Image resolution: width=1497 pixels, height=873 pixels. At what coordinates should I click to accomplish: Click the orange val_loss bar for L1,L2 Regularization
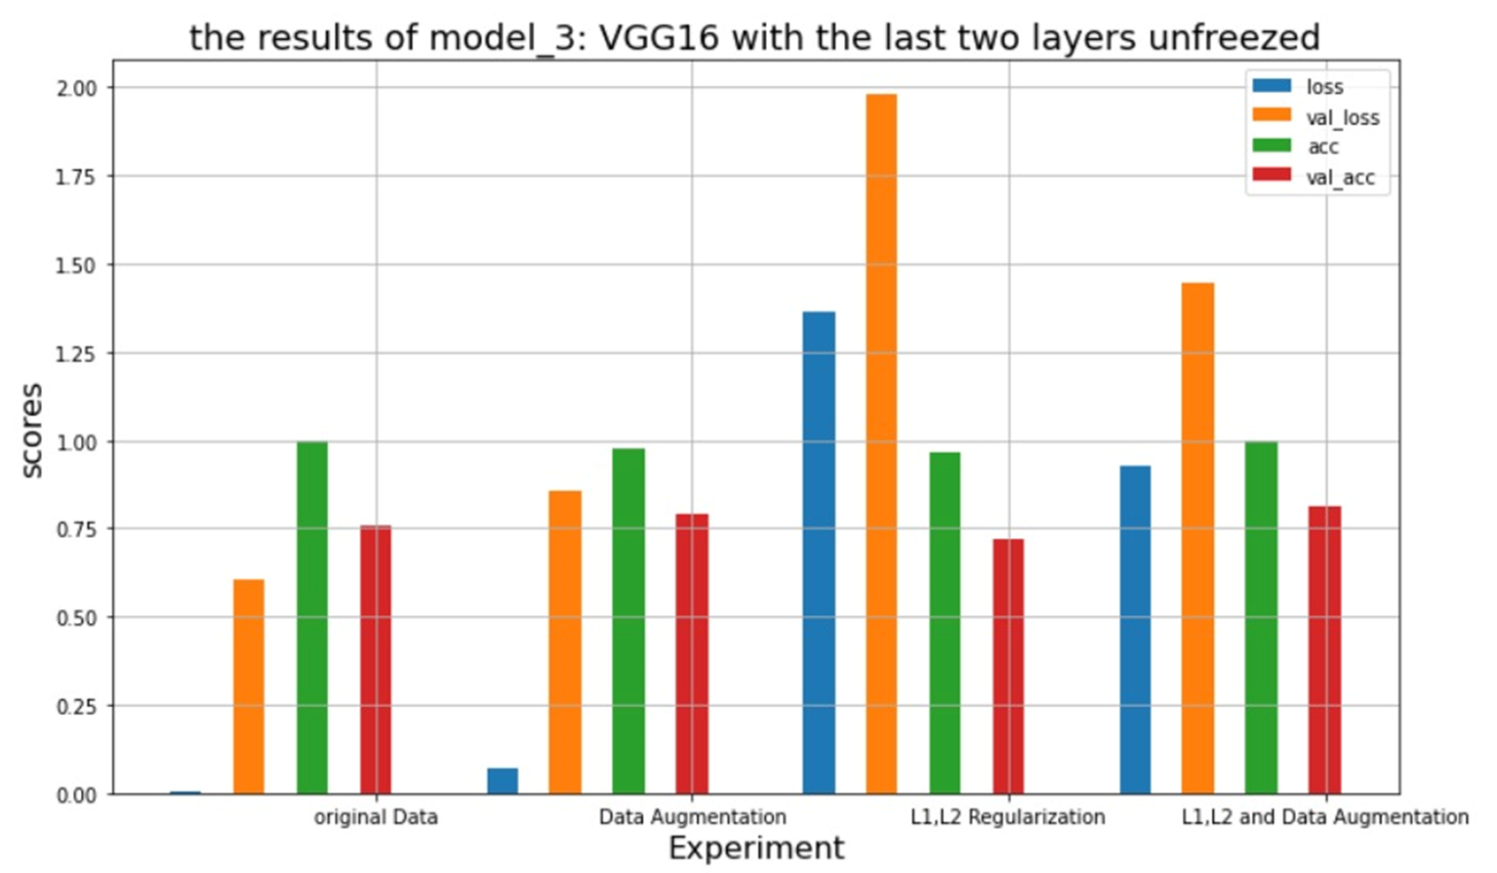881,444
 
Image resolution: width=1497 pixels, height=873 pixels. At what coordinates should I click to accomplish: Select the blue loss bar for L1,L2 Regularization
819,553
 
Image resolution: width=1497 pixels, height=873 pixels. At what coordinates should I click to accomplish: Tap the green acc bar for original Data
312,618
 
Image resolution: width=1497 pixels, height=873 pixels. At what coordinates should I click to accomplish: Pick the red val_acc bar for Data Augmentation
692,654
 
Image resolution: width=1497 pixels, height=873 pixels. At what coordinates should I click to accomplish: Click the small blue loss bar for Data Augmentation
503,781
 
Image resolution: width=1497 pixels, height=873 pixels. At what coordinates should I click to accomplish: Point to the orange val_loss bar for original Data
249,686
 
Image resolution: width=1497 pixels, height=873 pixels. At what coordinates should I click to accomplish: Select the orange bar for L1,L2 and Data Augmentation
1197,538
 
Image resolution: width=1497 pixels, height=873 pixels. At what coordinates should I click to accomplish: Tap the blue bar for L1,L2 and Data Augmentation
1135,630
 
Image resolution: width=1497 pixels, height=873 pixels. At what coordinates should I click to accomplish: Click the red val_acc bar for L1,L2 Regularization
1008,666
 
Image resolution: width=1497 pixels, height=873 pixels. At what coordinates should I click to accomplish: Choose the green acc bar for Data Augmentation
628,621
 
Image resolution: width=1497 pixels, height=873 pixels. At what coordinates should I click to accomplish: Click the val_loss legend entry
1342,117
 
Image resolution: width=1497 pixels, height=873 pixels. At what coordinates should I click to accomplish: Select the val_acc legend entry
1340,178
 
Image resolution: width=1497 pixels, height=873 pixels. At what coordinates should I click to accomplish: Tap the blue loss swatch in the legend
1272,87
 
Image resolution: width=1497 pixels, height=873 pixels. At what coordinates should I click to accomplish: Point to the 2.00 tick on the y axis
76,88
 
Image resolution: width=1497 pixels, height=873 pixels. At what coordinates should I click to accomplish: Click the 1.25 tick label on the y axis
76,353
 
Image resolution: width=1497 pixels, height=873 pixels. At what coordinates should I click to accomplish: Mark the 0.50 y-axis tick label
76,618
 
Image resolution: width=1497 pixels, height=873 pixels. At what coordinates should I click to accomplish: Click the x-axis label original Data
376,817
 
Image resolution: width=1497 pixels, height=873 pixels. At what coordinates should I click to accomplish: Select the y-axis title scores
32,430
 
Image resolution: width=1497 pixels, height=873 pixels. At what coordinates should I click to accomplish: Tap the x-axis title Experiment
756,848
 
